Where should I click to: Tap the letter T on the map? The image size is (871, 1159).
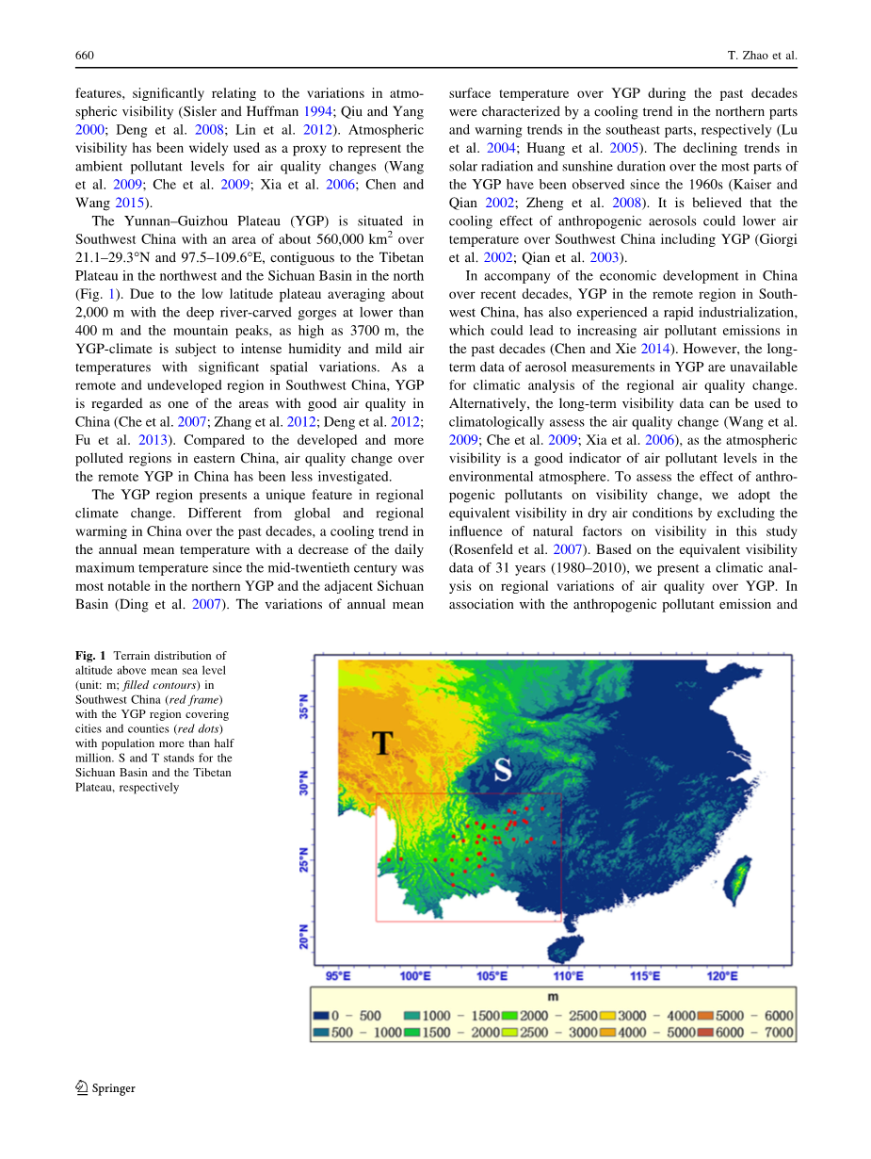click(x=380, y=743)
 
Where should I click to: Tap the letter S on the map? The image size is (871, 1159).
click(x=503, y=770)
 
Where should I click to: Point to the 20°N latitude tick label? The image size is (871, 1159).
click(x=303, y=936)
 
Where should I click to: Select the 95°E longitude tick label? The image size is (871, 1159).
click(x=338, y=976)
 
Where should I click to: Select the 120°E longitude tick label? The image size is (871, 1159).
click(x=721, y=976)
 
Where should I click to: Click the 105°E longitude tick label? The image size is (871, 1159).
click(x=492, y=976)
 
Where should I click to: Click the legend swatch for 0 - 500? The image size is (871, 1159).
click(x=320, y=1016)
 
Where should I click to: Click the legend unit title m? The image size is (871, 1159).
click(x=553, y=997)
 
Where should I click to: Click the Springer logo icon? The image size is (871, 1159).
click(x=82, y=1087)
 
